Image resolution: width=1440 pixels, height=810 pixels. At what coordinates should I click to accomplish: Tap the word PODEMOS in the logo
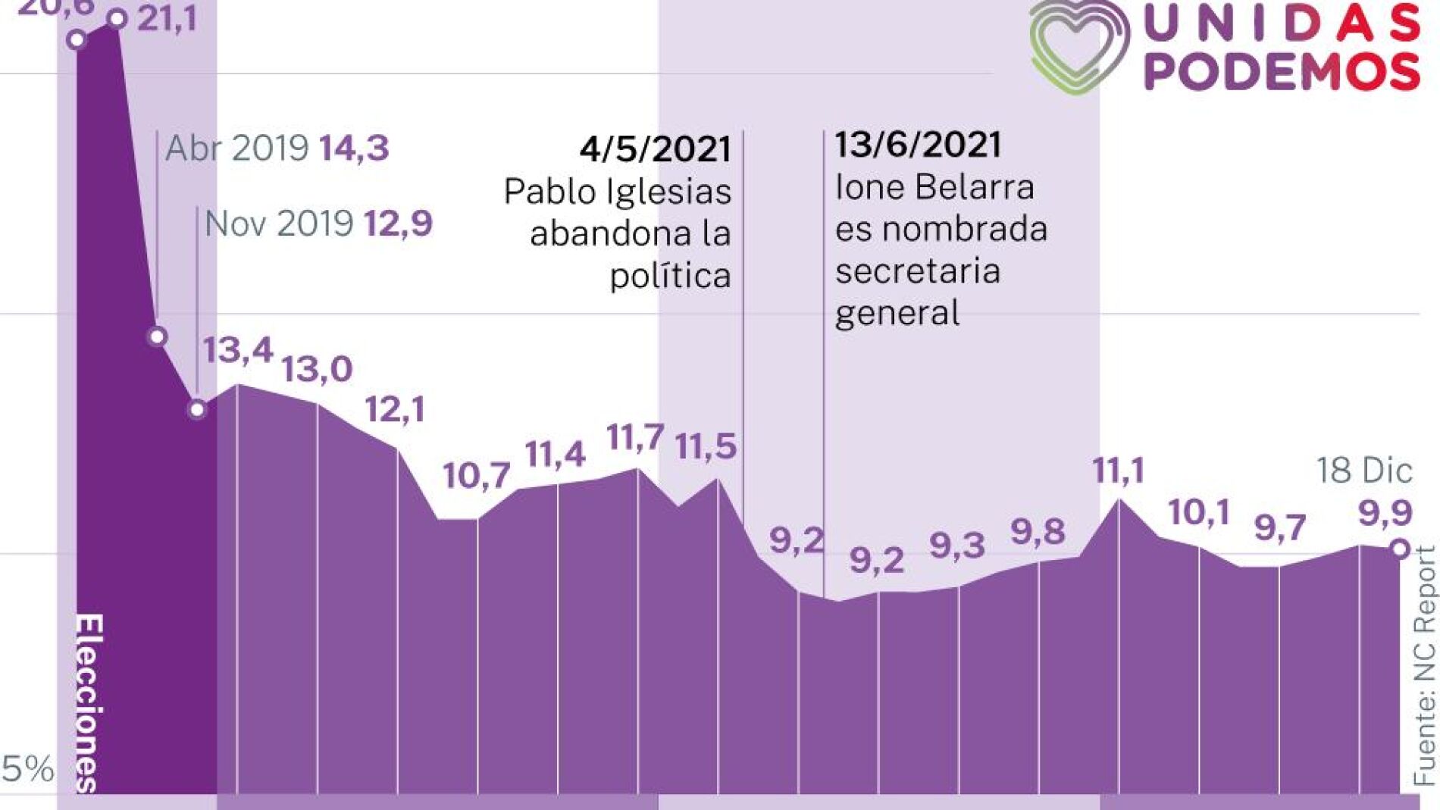tap(1282, 72)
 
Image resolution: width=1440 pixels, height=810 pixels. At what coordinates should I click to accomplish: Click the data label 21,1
tap(167, 18)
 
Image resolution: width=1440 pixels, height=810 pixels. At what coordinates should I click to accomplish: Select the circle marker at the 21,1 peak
tap(117, 19)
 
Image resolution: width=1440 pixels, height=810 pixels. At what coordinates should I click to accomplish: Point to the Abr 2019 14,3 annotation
tap(277, 148)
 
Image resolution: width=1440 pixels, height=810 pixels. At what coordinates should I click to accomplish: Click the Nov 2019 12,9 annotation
tap(318, 224)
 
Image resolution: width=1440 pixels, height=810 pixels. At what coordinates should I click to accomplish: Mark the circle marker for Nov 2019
tap(197, 409)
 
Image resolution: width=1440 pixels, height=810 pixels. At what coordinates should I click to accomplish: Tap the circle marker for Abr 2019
tap(158, 336)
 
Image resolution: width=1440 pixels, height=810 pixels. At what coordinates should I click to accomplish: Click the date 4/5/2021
tap(655, 149)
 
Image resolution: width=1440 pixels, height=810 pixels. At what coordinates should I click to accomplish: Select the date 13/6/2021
tap(918, 145)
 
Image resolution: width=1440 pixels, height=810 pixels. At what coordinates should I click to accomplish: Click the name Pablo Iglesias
tap(618, 192)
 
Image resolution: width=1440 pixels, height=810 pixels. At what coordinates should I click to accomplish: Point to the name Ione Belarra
tap(934, 187)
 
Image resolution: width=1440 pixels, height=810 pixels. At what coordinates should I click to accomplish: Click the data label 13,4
tap(237, 350)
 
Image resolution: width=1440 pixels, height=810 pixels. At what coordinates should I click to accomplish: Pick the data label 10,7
tap(476, 476)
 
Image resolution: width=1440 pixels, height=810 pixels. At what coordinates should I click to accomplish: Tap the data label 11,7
tap(635, 437)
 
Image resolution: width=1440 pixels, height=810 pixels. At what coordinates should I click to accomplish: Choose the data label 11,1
tap(1118, 471)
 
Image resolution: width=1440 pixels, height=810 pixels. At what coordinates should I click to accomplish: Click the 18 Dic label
tap(1364, 471)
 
